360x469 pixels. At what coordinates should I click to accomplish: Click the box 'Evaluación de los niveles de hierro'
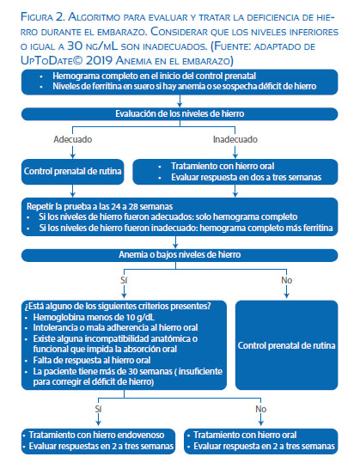point(180,114)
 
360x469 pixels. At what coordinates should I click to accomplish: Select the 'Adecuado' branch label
point(73,139)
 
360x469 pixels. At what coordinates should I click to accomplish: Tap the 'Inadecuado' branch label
point(235,139)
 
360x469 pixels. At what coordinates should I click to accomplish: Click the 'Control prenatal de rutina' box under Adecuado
point(73,172)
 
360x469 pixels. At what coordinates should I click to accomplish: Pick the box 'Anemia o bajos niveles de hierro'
point(180,255)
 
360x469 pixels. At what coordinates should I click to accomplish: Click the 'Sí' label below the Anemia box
point(124,280)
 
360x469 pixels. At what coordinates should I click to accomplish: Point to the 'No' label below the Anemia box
point(286,280)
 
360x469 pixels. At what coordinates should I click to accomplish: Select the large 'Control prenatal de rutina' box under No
point(286,345)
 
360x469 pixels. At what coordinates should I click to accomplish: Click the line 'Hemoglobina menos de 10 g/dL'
point(94,317)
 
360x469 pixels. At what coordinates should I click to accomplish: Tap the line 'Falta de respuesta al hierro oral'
point(92,360)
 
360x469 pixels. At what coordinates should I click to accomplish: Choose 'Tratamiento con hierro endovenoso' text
point(96,435)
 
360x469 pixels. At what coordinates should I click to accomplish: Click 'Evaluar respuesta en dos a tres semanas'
point(246,177)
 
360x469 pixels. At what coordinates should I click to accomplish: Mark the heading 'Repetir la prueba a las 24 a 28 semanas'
point(100,206)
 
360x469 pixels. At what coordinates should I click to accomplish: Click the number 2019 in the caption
point(99,60)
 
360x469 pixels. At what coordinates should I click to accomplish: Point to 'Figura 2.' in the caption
point(43,17)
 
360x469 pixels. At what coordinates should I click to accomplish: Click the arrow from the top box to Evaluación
point(180,101)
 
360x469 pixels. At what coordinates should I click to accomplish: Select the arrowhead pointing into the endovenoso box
point(98,423)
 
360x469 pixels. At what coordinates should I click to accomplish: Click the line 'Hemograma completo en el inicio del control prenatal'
point(154,76)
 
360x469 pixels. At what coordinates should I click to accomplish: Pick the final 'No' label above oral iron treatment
point(260,409)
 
